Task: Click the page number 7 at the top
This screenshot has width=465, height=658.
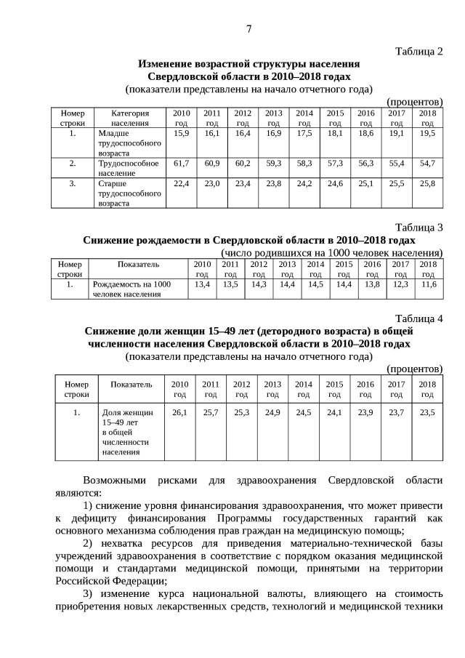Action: pyautogui.click(x=248, y=29)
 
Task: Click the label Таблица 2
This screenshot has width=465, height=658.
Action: pyautogui.click(x=418, y=51)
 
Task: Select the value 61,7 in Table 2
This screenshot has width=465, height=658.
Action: pyautogui.click(x=182, y=164)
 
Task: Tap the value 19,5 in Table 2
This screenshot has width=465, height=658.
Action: pyautogui.click(x=427, y=134)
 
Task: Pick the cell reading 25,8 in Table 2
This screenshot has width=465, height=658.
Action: pyautogui.click(x=427, y=184)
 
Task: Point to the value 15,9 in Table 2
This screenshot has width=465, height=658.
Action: pyautogui.click(x=182, y=134)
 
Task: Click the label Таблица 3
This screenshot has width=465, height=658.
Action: pyautogui.click(x=418, y=228)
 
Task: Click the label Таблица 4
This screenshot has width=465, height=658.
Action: pyautogui.click(x=418, y=318)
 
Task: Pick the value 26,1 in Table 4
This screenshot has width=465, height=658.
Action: pyautogui.click(x=179, y=412)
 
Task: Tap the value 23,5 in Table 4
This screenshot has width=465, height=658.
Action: pyautogui.click(x=427, y=412)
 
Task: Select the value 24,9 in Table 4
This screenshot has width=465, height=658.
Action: pyautogui.click(x=272, y=412)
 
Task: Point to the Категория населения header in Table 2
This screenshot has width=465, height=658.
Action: pyautogui.click(x=130, y=119)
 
